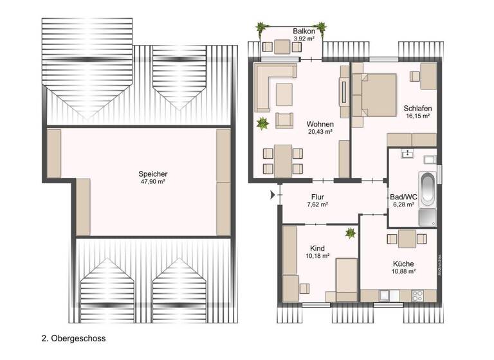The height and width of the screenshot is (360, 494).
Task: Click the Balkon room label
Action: click(304, 31)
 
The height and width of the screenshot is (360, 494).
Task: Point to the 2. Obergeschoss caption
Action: click(73, 337)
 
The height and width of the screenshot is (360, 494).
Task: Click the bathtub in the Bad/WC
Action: click(427, 189)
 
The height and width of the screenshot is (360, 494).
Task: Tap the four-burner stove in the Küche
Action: click(416, 295)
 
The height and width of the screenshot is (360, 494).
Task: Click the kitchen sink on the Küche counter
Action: click(385, 295)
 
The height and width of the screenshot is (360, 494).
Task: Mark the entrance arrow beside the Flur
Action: click(273, 194)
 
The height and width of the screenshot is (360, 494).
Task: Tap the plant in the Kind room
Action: click(350, 233)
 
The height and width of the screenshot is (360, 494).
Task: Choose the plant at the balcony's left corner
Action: click(261, 28)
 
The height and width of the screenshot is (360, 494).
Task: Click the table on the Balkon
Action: click(282, 47)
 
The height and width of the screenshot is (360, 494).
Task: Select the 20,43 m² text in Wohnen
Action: click(320, 132)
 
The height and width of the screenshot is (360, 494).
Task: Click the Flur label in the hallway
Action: click(317, 197)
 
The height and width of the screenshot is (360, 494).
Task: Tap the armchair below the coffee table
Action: click(284, 120)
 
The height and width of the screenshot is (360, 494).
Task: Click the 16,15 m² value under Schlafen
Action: click(417, 116)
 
